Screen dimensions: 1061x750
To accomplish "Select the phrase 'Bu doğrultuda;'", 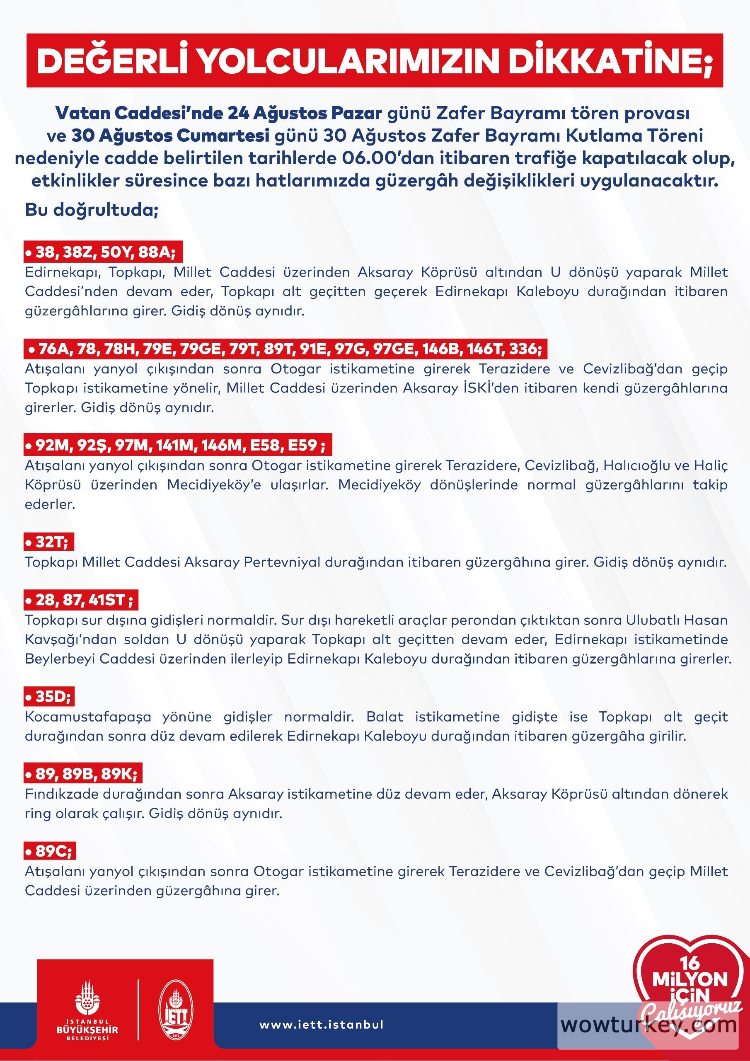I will [92, 210].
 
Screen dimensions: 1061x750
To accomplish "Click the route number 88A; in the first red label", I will [157, 252].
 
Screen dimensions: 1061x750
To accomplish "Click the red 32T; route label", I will [49, 542].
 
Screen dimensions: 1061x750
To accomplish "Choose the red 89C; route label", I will [50, 851].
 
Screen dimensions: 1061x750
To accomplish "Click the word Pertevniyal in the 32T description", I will [282, 562].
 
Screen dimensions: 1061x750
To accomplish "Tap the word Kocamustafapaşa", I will [88, 717].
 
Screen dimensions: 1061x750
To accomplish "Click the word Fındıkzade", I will [61, 794].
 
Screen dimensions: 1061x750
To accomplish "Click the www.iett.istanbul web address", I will [322, 1025].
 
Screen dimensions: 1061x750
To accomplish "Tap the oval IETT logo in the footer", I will [176, 1017].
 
